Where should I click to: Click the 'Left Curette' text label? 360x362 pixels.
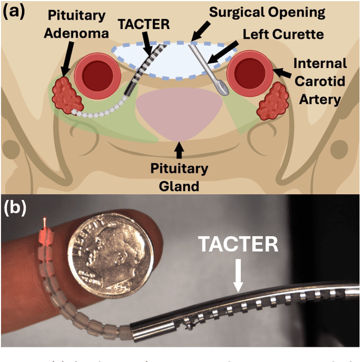click(x=283, y=34)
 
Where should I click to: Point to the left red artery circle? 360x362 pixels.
click(x=102, y=73)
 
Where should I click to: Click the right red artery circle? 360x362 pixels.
click(x=248, y=72)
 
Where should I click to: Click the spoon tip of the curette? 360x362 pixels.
click(x=223, y=88)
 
